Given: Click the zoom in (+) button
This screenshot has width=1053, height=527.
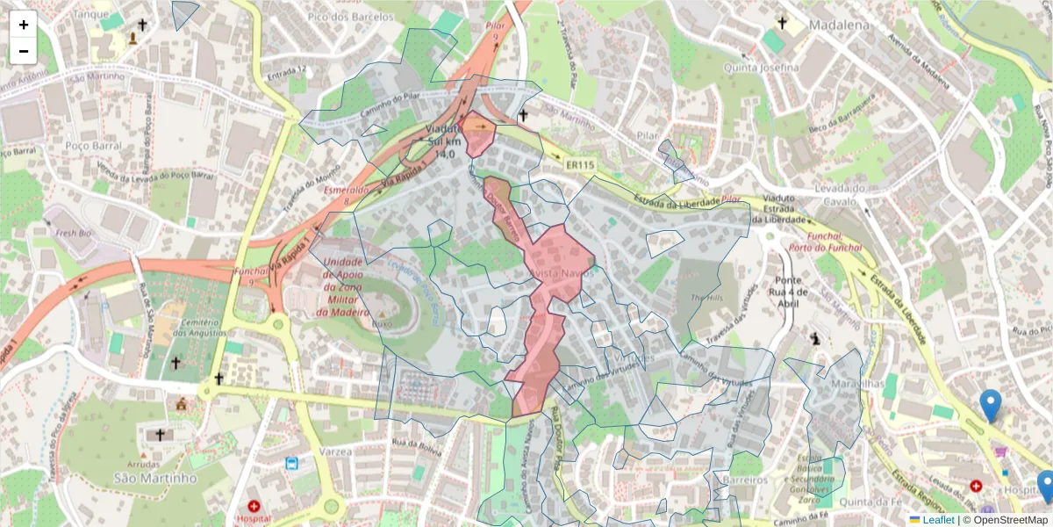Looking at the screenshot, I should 24,25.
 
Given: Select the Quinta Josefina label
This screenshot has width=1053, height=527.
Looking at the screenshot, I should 761,68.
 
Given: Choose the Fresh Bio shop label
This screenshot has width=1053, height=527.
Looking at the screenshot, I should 74,235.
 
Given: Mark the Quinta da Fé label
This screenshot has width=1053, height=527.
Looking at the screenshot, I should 845,502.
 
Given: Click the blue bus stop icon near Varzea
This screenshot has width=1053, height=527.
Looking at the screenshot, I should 291,463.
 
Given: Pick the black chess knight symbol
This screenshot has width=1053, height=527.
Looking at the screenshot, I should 815,337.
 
